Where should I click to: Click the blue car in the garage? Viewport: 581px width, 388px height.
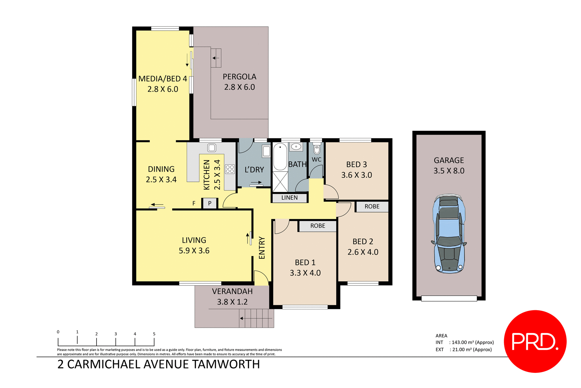(x=449, y=234)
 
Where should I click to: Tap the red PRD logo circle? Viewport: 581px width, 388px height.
(x=535, y=341)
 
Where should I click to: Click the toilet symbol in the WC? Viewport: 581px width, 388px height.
(x=317, y=150)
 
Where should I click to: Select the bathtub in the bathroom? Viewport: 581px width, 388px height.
(x=280, y=157)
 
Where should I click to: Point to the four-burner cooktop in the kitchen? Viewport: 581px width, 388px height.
(x=230, y=169)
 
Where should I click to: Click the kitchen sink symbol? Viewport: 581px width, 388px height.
(x=212, y=148)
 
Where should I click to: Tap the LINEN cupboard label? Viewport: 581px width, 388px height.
(x=290, y=198)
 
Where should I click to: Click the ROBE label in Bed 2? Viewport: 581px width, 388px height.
(x=372, y=206)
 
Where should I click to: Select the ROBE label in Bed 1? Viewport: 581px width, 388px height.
(x=318, y=226)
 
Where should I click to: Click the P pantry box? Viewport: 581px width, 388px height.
(x=210, y=203)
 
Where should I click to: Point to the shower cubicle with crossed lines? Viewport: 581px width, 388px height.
(x=280, y=182)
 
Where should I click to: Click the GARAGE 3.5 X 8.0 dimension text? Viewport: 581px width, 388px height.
(x=449, y=171)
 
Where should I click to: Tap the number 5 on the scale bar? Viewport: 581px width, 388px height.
(x=154, y=334)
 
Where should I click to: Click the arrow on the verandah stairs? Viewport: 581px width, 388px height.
(x=241, y=318)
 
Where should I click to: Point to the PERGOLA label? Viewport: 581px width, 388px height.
(x=239, y=77)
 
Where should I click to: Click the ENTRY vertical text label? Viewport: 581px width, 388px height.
(x=262, y=248)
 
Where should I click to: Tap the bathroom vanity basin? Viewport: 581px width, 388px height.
(x=296, y=147)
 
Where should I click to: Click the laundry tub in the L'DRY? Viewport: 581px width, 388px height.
(x=266, y=151)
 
